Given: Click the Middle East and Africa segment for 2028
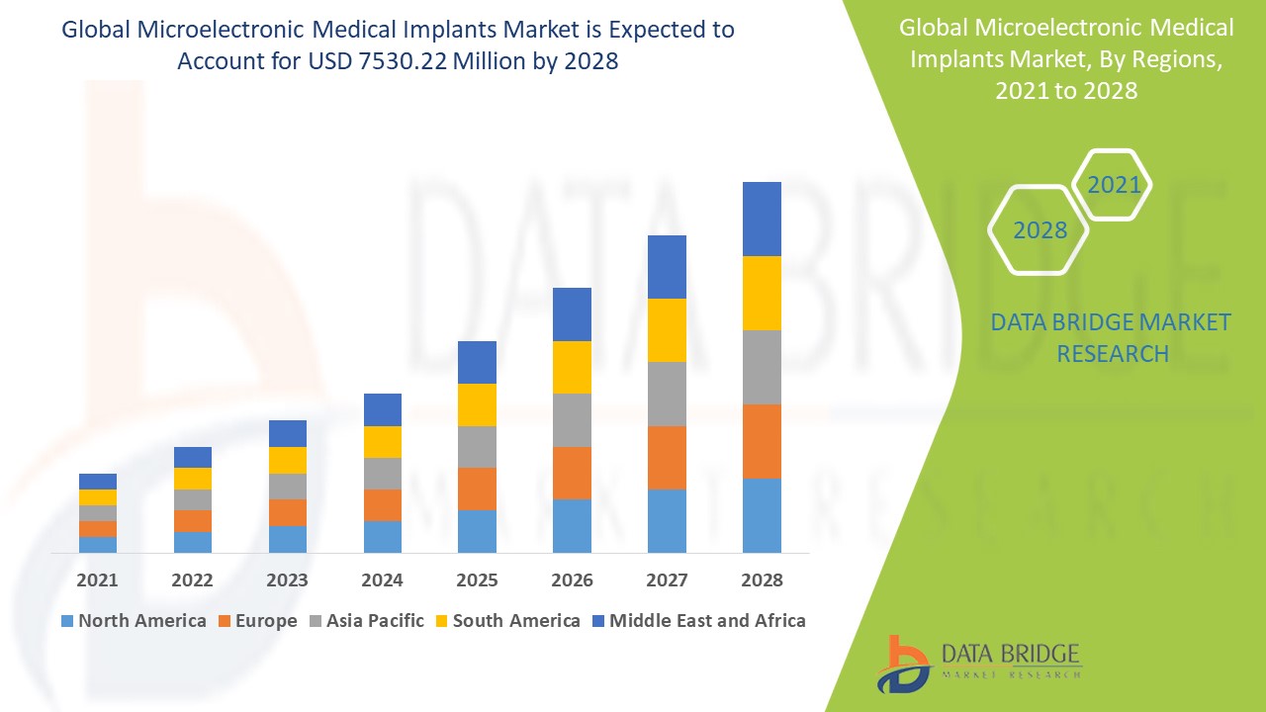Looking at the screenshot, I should pos(762,219).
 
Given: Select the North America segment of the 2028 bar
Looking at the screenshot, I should pos(762,515).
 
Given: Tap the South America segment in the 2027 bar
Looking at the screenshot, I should pos(667,330).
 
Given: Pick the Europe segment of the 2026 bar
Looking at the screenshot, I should pos(572,473).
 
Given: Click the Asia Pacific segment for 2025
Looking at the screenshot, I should pos(477,447).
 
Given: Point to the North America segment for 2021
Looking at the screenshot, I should pos(98,544).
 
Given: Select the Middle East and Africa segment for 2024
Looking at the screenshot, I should pos(383,409).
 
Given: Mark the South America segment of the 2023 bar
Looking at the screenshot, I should pos(288,460).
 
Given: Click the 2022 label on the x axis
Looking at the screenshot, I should pos(192,580).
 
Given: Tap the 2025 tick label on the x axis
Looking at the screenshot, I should pos(477,580).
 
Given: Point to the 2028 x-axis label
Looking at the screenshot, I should pos(762,580).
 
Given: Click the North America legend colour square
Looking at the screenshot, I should pos(67,621).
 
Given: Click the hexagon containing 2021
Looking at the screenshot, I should pos(1113,185).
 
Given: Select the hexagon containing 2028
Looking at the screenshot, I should pos(1040,230).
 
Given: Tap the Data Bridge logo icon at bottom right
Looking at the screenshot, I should pos(903,664).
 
